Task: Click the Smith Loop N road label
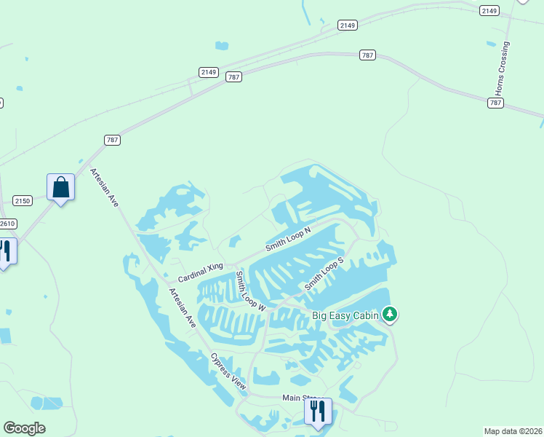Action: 288,239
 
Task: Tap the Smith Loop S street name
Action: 324,273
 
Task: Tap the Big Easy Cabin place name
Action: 345,315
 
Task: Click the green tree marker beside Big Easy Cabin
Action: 391,314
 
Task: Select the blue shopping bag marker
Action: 60,187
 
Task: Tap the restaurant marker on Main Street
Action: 318,411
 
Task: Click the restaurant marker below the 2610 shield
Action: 5,251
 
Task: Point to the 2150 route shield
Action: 23,200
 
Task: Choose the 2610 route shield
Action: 7,224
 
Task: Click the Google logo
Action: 24,428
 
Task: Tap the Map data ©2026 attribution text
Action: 513,430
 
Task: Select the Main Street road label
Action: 297,398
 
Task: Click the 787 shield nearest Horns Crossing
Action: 495,103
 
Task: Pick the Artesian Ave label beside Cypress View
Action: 183,308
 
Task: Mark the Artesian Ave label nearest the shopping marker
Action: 104,188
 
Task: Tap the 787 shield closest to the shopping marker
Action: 112,140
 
